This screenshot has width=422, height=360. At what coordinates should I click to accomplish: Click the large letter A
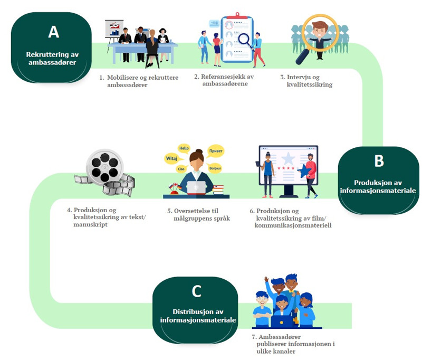point(53,32)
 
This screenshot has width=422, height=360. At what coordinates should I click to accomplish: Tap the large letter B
point(379,161)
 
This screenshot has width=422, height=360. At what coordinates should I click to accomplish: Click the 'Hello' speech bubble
point(184,148)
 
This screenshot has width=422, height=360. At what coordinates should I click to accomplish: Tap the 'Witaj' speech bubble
point(171,157)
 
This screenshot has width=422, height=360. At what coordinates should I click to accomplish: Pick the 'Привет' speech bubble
point(216,150)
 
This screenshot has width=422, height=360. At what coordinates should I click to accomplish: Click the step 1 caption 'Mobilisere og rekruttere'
point(139,81)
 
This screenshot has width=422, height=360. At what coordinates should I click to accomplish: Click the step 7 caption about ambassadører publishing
point(293,344)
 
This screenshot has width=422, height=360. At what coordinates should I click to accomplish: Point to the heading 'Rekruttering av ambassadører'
point(53,58)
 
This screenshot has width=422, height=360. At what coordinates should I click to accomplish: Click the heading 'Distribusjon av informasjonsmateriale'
point(196,316)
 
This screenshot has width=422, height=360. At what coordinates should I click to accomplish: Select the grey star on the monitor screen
point(287,159)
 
